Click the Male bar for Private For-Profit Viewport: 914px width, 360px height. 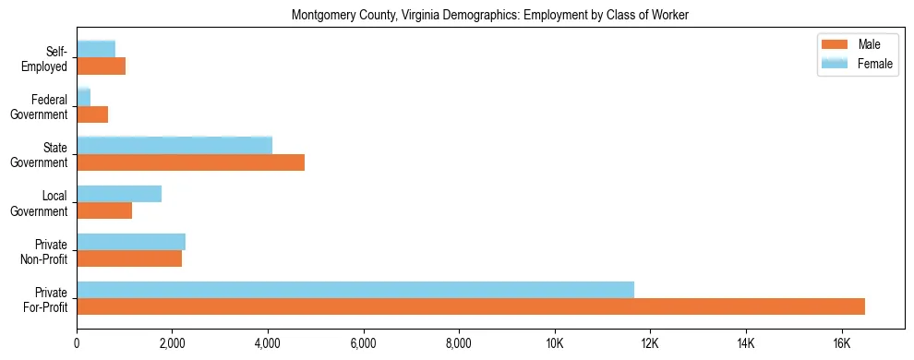[x=471, y=307]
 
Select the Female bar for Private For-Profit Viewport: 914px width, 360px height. [x=355, y=290]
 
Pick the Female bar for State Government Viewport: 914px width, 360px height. [x=174, y=145]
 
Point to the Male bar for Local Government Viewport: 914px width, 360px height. [x=104, y=211]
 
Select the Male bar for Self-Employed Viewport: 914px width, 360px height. [x=101, y=66]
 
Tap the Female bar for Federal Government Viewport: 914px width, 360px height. [x=84, y=97]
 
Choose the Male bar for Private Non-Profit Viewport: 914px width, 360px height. [x=129, y=259]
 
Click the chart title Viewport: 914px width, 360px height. [x=490, y=16]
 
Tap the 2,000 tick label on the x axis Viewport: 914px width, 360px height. [x=173, y=343]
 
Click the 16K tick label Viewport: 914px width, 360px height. [x=841, y=343]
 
